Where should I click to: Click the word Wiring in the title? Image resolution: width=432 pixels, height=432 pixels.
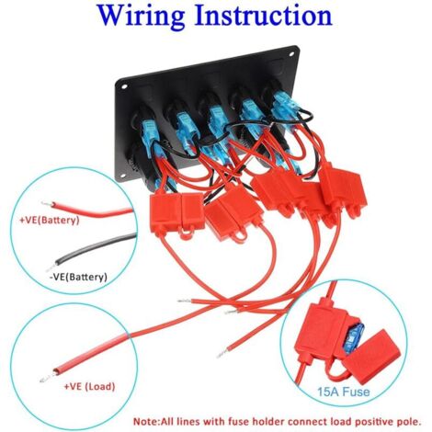(x=142, y=17)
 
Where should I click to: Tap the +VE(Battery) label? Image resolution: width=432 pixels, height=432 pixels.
(x=50, y=220)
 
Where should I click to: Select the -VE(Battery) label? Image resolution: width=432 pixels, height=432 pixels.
(x=78, y=277)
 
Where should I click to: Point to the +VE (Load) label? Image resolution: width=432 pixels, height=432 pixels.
(x=89, y=386)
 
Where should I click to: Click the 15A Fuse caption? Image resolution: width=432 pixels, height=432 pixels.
(x=344, y=392)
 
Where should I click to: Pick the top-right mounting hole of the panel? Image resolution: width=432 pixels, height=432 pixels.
(x=290, y=54)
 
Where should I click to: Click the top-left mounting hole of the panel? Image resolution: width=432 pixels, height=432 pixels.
(x=124, y=86)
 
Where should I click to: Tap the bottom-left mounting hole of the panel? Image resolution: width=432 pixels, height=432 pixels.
(x=122, y=176)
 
